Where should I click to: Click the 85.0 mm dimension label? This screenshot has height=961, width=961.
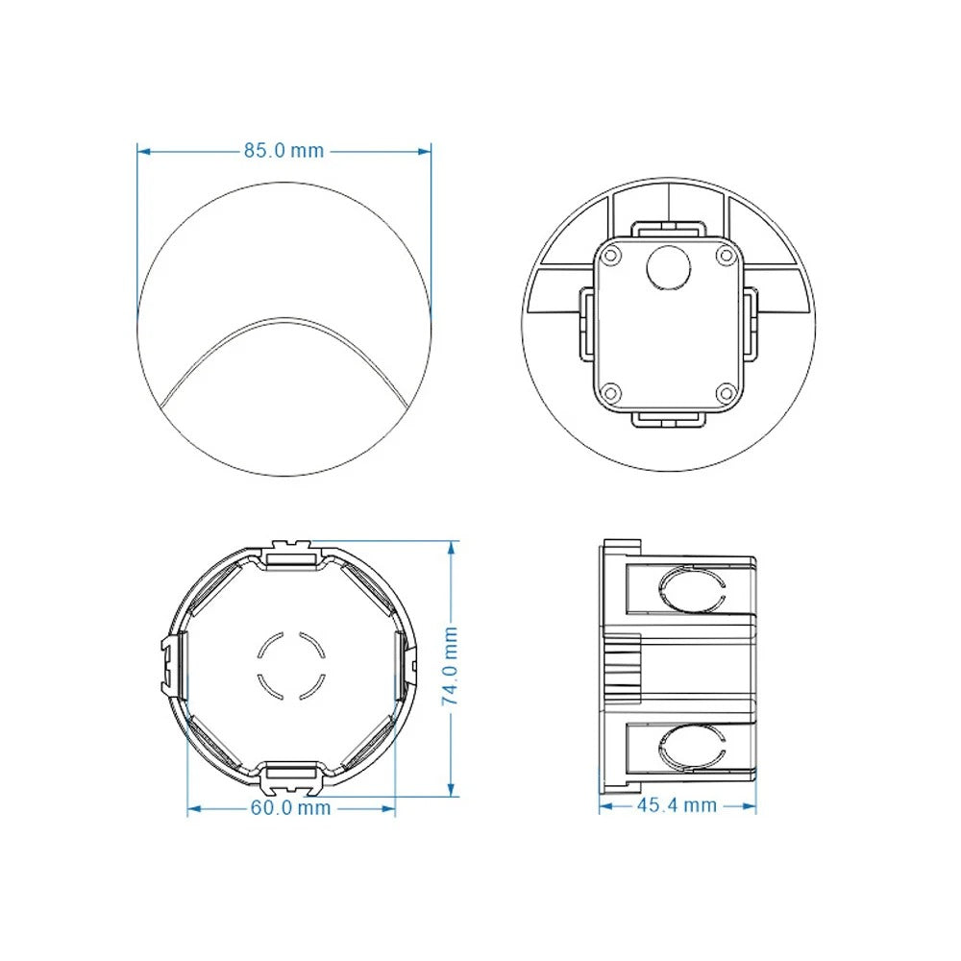(x=283, y=150)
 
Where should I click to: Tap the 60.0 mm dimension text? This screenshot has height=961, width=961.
(x=290, y=808)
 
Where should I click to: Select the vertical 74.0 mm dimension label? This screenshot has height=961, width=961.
(x=450, y=666)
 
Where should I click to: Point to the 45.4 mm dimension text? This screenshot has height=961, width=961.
(x=677, y=804)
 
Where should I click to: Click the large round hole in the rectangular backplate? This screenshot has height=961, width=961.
(x=669, y=268)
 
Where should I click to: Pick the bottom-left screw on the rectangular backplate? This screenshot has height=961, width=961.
(x=611, y=392)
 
